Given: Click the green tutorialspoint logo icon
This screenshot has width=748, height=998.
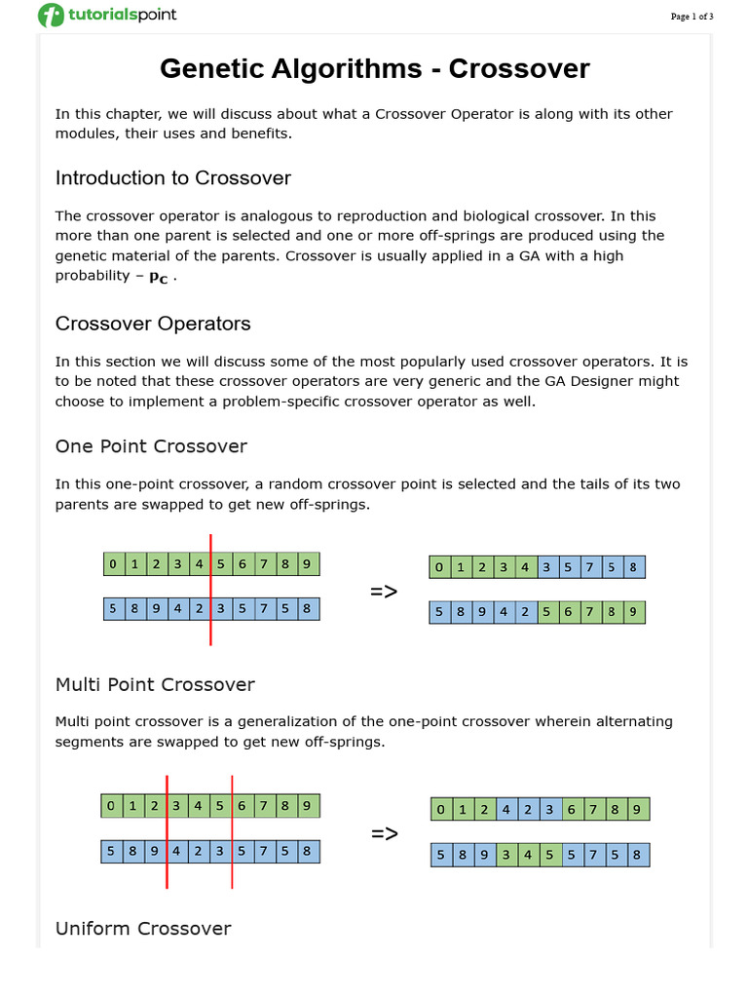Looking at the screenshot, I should pos(51,16).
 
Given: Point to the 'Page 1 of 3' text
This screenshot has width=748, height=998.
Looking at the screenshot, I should pos(692,17).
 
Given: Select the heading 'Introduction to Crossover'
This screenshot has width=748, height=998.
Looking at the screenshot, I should pos(172,177).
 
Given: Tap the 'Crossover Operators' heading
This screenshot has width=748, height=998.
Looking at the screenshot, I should pos(153,324).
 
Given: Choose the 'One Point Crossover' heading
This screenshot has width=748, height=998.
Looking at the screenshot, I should pos(151,446).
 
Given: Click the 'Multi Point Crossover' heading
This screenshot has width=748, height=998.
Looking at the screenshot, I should pos(155,684).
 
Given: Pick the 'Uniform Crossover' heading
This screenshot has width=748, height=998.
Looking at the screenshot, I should pos(143,928).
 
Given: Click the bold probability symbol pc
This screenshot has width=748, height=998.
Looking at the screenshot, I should pos(158,277).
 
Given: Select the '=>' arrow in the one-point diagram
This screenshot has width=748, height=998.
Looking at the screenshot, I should pos(384,592).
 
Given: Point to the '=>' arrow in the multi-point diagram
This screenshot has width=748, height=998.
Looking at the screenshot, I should pos(385,833).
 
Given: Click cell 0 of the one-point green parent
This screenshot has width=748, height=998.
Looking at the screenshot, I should pos(113,563).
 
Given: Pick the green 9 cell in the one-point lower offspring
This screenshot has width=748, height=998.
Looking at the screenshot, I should pos(633,612).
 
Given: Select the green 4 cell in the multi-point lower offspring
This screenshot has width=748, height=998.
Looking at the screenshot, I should pos(528,856).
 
